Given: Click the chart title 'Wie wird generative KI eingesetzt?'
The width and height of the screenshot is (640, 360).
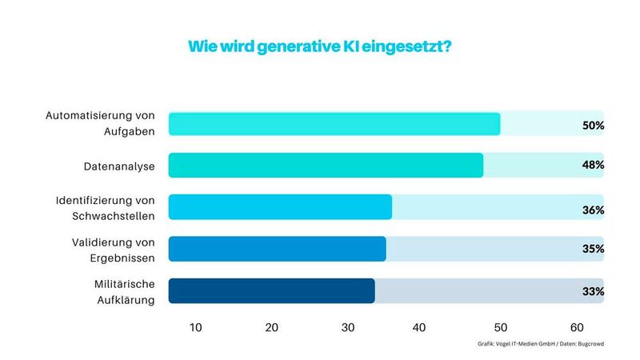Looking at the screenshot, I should [319, 46].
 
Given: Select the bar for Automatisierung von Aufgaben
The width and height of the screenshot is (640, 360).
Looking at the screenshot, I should [334, 124].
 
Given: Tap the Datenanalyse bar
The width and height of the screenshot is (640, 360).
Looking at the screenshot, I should [326, 166].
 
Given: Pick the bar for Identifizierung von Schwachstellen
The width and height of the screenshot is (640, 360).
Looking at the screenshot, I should [280, 207].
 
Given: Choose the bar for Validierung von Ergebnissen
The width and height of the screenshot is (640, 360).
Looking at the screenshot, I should [277, 249].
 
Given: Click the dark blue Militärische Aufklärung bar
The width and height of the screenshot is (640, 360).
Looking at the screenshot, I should [271, 290].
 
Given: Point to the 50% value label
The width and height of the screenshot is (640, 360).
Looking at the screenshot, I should [593, 126].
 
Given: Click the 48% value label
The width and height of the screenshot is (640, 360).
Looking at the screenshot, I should [593, 166].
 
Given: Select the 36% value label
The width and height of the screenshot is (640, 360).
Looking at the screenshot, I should [593, 210].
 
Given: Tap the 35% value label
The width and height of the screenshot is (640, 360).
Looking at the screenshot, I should [593, 249].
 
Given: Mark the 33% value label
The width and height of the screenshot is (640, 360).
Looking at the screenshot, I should [593, 291].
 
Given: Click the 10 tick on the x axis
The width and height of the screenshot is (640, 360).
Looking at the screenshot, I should [195, 327].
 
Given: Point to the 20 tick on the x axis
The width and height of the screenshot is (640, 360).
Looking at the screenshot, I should [272, 327].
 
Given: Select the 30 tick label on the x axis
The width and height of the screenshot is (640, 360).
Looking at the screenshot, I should [348, 327].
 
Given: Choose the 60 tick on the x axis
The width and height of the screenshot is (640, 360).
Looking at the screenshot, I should [577, 327].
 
